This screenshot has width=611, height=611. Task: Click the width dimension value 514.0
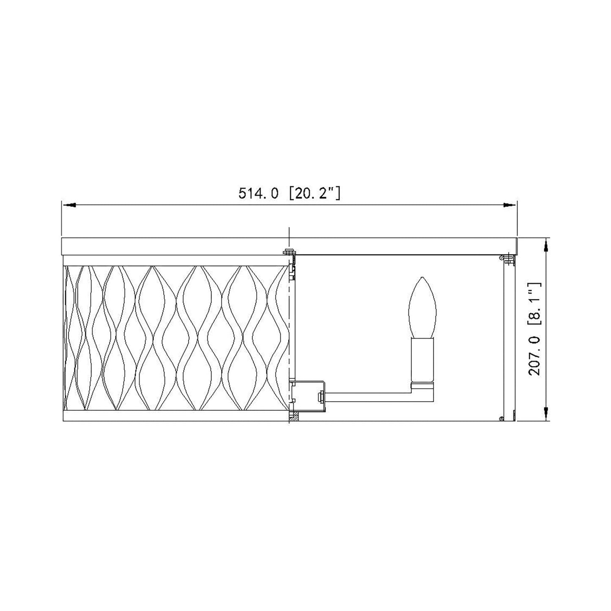coord(258,193)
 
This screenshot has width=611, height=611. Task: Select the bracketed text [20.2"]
coord(315,193)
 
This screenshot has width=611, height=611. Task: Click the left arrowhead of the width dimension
coord(69,205)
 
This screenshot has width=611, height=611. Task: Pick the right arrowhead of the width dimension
coord(509,205)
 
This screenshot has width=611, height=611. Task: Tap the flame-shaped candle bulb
coord(422,307)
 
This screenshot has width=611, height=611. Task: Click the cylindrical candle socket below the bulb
coord(422,360)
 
